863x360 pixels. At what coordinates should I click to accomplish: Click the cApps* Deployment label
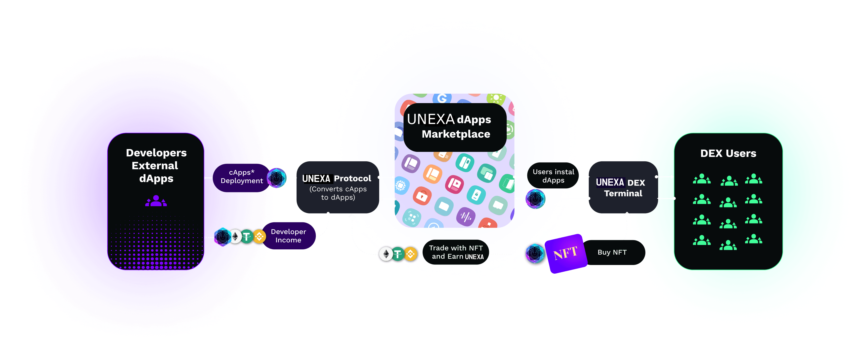[x=242, y=176]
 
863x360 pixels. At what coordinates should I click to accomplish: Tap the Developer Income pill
[x=288, y=236]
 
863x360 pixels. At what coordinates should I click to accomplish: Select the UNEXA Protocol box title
[x=336, y=179]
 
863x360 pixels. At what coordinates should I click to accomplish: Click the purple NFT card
[x=566, y=254]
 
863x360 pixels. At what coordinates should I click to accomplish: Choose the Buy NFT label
[x=612, y=252]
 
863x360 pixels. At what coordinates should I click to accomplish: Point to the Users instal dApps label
[x=553, y=176]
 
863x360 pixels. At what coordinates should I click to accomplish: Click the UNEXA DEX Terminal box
[x=623, y=188]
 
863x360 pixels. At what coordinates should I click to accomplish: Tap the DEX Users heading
[x=728, y=153]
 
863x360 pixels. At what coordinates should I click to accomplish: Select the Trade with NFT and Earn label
[x=456, y=252]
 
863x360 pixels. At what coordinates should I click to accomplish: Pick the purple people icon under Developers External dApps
[x=156, y=201]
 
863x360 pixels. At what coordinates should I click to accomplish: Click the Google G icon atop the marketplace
[x=442, y=98]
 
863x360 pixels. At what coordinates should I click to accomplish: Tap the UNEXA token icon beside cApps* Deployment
[x=277, y=178]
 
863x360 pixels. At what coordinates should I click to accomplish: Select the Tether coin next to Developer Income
[x=247, y=237]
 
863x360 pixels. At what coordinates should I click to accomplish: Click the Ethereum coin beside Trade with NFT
[x=386, y=254]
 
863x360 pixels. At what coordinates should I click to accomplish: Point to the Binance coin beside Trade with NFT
[x=411, y=254]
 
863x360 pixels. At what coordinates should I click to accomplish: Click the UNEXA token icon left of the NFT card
[x=535, y=254]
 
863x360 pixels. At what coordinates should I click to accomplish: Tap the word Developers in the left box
[x=156, y=153]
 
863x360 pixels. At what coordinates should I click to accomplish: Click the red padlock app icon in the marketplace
[x=422, y=196]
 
